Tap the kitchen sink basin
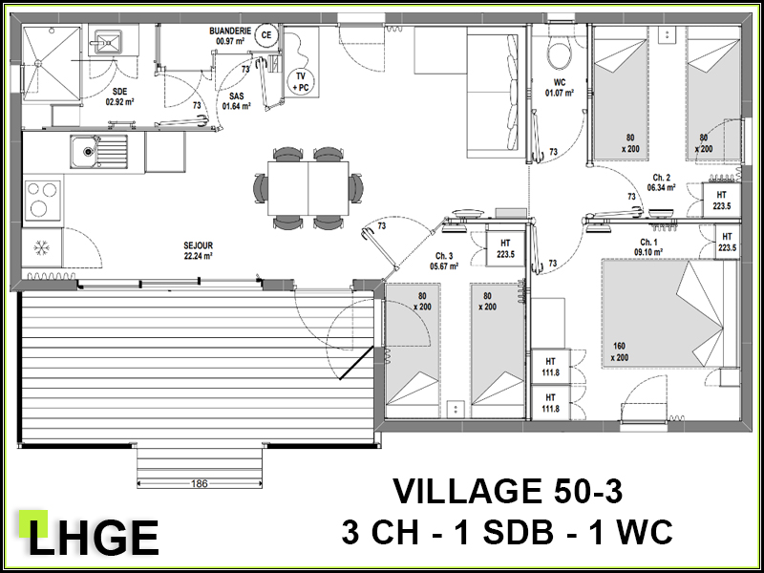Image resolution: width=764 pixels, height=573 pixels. click(x=88, y=152)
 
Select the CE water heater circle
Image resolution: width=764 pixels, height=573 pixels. click(x=266, y=35)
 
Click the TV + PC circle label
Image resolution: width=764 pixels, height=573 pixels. click(x=301, y=82)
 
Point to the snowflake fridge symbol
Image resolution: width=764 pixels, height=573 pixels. click(x=41, y=248)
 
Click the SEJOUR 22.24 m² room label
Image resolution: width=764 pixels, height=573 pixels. click(x=199, y=251)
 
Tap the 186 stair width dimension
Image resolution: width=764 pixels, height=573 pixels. click(x=200, y=484)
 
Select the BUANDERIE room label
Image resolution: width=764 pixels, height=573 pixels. click(x=230, y=35)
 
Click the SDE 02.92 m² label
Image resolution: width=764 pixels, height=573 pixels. click(x=120, y=96)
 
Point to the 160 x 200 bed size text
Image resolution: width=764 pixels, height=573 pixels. click(x=619, y=351)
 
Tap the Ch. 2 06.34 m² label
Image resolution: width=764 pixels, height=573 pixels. click(x=661, y=182)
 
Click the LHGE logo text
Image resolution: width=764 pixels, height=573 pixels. click(x=94, y=538)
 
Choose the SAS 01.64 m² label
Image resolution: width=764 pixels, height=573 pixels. click(x=236, y=101)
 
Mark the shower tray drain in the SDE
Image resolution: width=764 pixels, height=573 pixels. click(x=37, y=63)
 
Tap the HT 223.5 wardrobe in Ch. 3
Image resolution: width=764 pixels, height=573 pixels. click(x=505, y=248)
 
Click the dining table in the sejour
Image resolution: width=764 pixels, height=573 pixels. click(x=308, y=188)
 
